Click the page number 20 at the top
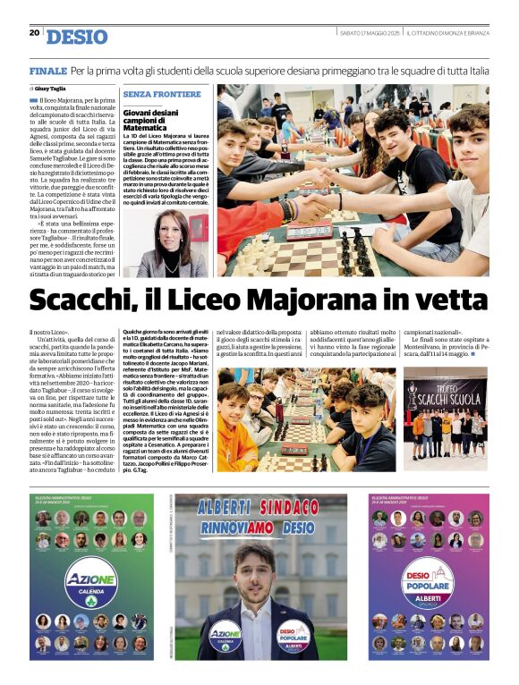[34, 32]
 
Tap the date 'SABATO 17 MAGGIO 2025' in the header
[369, 33]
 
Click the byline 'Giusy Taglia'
[51, 89]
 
